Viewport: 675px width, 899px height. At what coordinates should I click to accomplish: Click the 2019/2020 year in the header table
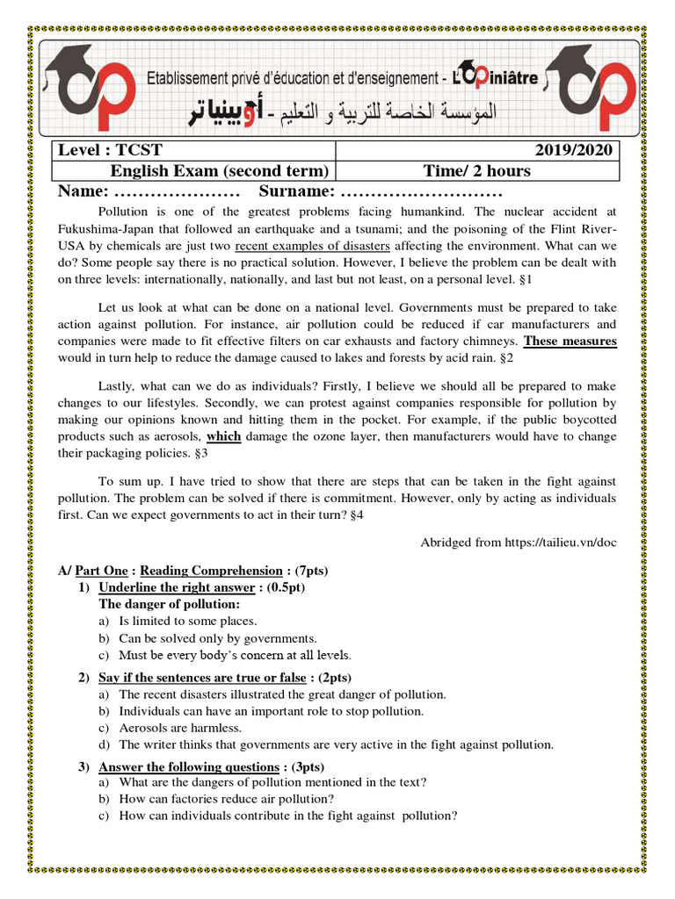pyautogui.click(x=575, y=151)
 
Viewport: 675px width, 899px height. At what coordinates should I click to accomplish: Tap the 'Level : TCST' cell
pyautogui.click(x=110, y=151)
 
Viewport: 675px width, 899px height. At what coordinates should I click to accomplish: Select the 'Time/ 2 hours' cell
pyautogui.click(x=476, y=171)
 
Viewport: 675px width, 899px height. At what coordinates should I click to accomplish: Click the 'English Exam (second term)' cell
pyautogui.click(x=219, y=171)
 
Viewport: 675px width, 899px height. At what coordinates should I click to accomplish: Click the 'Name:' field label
pyautogui.click(x=83, y=192)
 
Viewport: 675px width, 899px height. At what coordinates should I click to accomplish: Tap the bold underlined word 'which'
pyautogui.click(x=223, y=436)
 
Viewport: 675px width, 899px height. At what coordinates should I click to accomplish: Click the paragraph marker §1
pyautogui.click(x=526, y=279)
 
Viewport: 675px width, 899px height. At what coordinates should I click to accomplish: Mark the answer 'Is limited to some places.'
pyautogui.click(x=188, y=621)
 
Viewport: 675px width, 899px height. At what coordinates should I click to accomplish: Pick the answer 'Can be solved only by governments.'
pyautogui.click(x=218, y=638)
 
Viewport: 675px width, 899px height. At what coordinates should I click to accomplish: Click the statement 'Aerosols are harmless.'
pyautogui.click(x=180, y=728)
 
